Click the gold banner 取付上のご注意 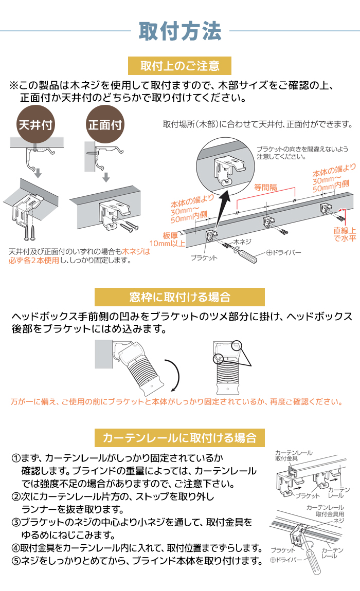[180, 66]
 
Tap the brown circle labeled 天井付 [36, 125]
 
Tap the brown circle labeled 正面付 [105, 125]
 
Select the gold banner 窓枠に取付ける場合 [180, 297]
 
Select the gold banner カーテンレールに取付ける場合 [180, 437]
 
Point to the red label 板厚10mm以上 [172, 239]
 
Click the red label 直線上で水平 [343, 234]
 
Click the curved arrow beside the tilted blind [174, 375]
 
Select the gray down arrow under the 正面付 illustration [106, 177]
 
